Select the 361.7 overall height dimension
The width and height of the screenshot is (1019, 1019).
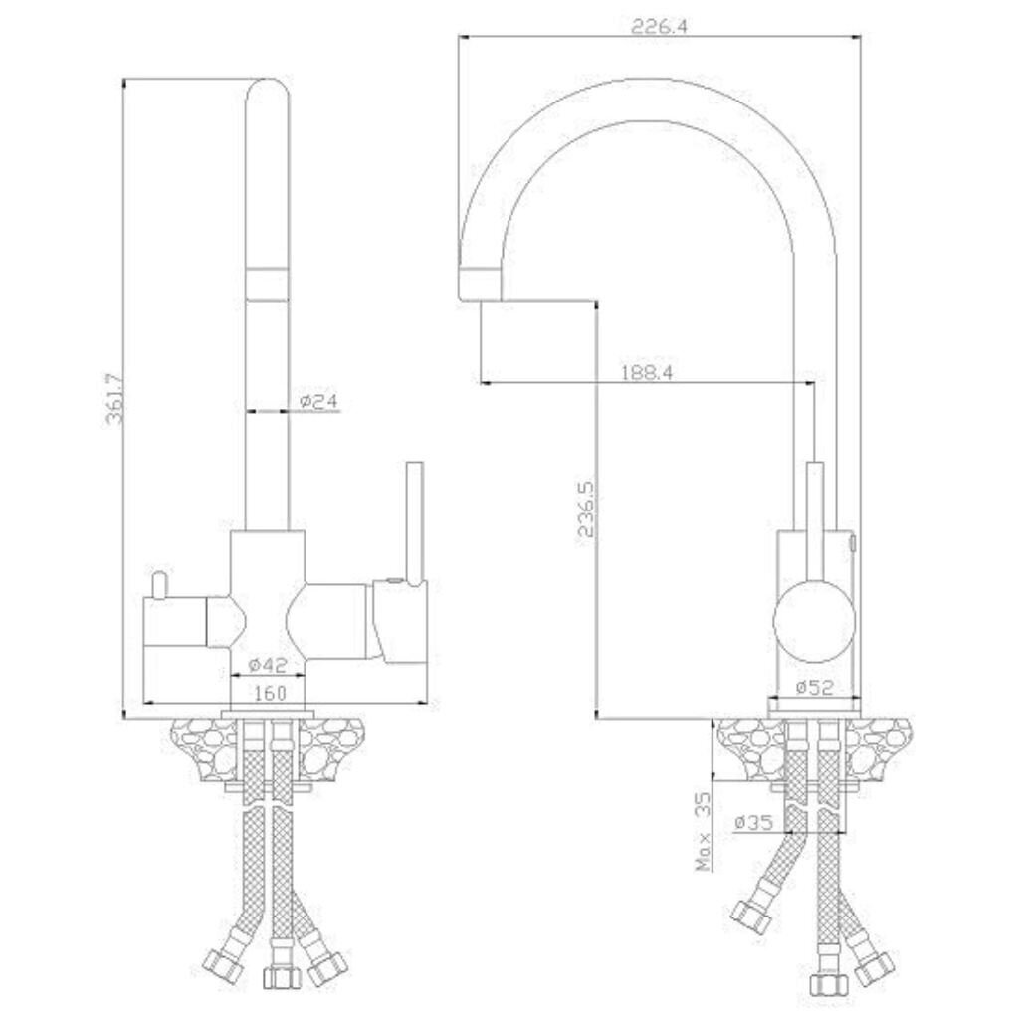[x=115, y=398]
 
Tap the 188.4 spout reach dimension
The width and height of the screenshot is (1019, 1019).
[x=647, y=372]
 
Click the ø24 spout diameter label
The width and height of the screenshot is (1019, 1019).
[x=319, y=401]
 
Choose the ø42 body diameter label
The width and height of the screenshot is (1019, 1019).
[x=268, y=664]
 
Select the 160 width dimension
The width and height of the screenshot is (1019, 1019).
[x=269, y=693]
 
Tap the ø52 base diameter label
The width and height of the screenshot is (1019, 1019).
[x=814, y=687]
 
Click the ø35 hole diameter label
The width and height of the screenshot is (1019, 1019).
[x=754, y=823]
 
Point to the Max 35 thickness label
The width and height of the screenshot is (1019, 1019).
[x=704, y=831]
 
